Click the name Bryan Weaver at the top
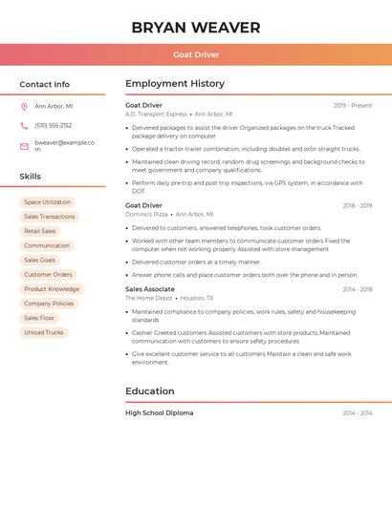[196, 28]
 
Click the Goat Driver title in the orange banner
[196, 54]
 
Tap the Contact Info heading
[45, 84]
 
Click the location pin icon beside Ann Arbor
[24, 107]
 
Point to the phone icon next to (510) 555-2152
[24, 125]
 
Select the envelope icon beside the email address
[24, 146]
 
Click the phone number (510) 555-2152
[54, 125]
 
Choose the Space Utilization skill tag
[48, 202]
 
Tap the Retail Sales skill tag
[40, 231]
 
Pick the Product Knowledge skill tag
[52, 289]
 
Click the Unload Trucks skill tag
[44, 332]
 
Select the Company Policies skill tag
[49, 304]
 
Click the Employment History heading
[175, 84]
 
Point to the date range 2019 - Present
[353, 105]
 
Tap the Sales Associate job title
[150, 289]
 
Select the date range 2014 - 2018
[358, 289]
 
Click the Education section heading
[150, 391]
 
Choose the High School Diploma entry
[159, 413]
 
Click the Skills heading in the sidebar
[31, 177]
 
